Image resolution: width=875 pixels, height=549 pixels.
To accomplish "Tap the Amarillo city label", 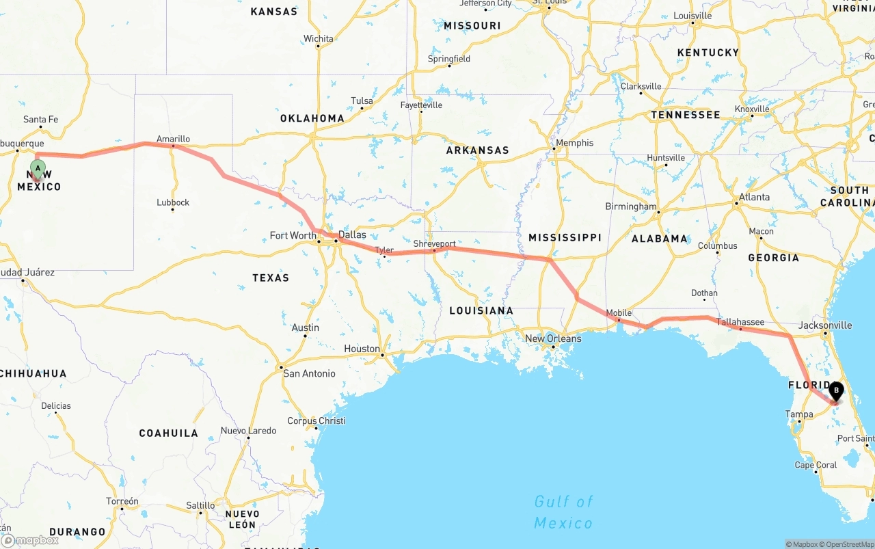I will (173, 139).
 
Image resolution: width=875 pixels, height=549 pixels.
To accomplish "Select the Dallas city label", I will (352, 235).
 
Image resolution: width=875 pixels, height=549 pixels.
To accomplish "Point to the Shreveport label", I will (434, 243).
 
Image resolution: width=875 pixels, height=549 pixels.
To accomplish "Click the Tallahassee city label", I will (740, 322).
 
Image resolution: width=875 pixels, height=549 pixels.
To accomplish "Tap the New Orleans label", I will (553, 338).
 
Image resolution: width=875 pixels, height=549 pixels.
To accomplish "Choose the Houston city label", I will (362, 349).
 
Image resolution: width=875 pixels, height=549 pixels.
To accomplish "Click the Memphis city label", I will (574, 143).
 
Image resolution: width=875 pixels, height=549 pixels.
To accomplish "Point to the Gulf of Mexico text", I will (563, 512).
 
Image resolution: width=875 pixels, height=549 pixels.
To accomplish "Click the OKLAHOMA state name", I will (312, 118).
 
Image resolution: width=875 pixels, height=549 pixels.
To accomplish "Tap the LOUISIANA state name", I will (481, 310).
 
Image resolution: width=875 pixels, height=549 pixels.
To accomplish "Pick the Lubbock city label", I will (173, 202).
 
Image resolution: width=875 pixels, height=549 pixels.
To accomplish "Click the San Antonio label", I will (309, 373).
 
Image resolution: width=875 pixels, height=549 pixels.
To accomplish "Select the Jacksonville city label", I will (825, 325).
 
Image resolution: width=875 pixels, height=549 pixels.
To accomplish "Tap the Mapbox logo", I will (30, 540).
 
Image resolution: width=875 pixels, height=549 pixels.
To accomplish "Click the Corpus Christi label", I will (316, 421).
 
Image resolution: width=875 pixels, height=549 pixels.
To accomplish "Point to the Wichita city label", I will (319, 39).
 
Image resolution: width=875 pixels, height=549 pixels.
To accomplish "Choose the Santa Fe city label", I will (40, 120).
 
